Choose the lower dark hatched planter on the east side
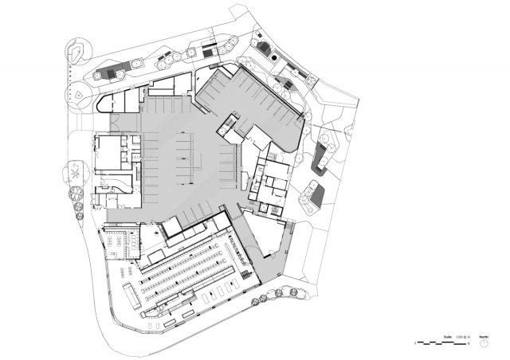coord(313,194)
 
